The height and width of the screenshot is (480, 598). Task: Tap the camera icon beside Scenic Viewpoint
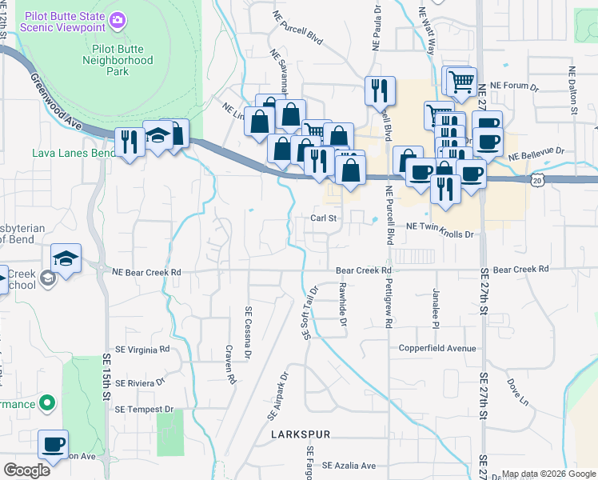point(118,18)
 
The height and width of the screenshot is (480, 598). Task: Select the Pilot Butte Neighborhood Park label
point(118,60)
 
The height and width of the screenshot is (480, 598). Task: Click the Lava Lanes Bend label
point(70,152)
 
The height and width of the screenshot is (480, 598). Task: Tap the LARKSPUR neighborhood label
point(300,434)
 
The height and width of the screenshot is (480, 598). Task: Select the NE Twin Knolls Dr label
point(440,226)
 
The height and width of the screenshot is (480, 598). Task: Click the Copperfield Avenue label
point(437,349)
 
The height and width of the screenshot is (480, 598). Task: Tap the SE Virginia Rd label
point(142,349)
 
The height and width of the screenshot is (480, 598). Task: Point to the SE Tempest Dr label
point(144,409)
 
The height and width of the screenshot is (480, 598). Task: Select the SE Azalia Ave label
point(349,466)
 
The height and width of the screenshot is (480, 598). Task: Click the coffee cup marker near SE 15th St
point(53,444)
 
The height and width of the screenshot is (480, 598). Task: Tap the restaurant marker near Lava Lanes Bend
point(127,142)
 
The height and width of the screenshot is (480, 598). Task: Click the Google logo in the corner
point(26,470)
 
